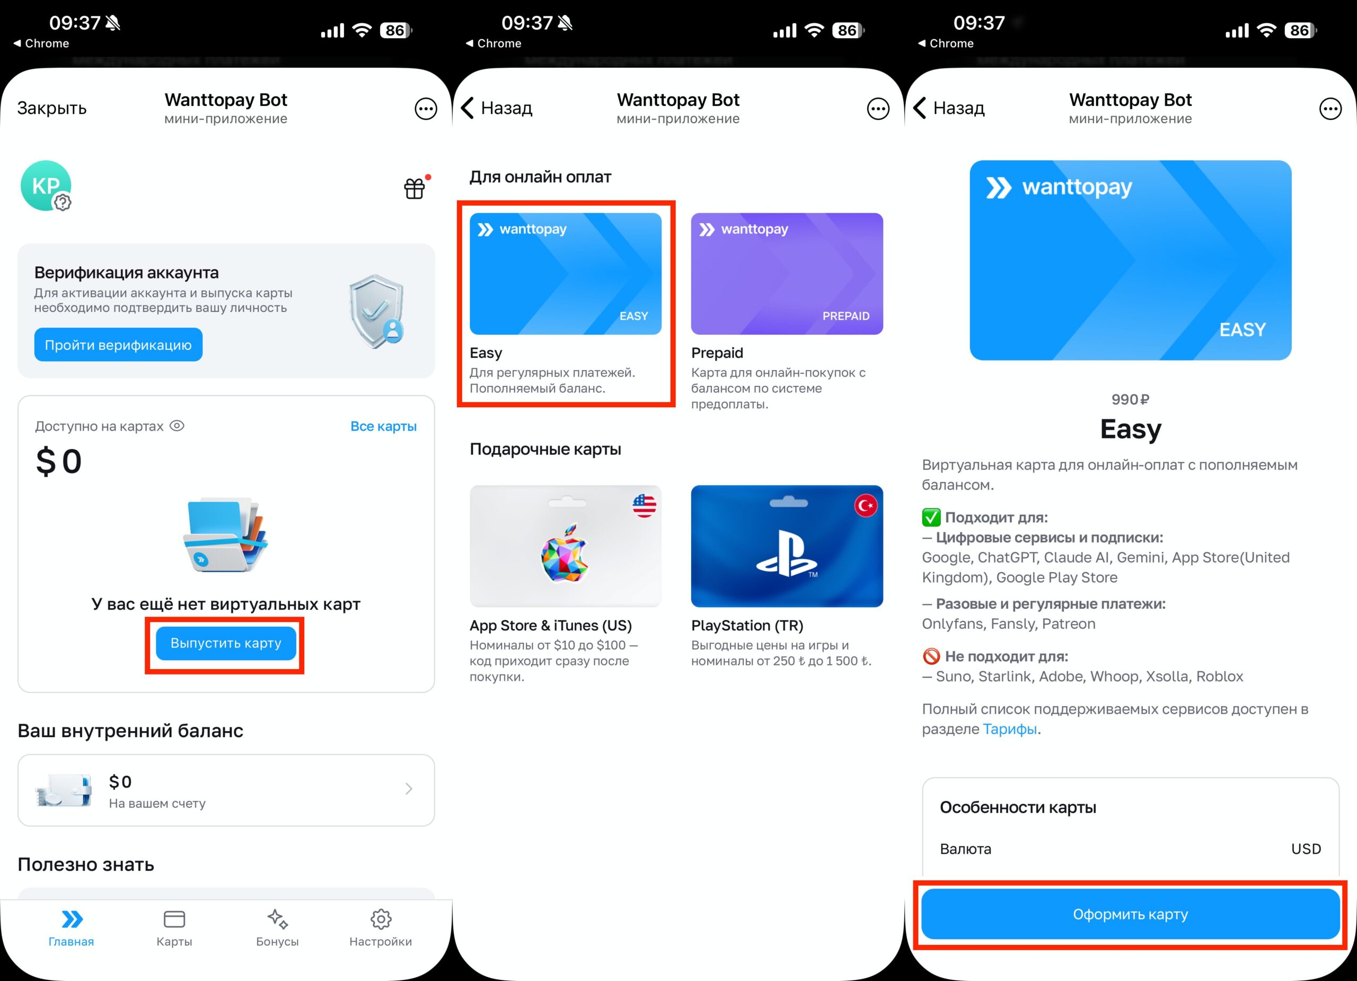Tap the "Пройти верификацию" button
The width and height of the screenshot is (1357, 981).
tap(118, 345)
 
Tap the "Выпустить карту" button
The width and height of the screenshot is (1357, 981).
tap(226, 643)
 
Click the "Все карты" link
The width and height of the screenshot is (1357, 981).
tap(383, 426)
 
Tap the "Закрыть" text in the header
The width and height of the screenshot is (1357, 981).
tap(51, 108)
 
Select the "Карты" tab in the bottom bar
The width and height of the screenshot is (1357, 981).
tap(174, 928)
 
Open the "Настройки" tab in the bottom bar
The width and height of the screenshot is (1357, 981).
tap(381, 928)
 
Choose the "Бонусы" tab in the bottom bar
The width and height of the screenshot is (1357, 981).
tap(277, 928)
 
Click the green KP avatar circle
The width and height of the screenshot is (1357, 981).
tap(46, 186)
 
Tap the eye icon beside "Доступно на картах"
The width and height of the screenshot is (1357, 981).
tap(177, 426)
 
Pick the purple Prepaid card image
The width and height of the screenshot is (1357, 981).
tap(787, 274)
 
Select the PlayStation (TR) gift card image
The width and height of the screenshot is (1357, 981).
tap(787, 546)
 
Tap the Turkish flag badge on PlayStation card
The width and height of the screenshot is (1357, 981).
tap(865, 506)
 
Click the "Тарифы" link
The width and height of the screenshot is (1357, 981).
tap(1009, 729)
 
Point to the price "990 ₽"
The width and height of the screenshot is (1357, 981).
tap(1130, 399)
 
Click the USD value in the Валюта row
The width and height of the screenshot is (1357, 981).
tap(1306, 849)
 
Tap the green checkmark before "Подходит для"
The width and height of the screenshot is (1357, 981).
tap(931, 517)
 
